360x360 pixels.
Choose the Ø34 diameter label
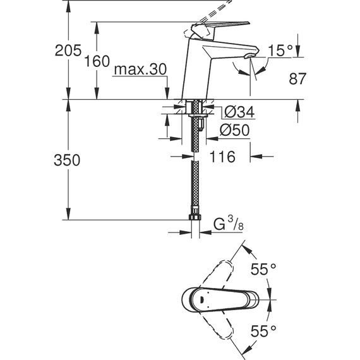click(x=239, y=112)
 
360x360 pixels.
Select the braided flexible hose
click(x=196, y=183)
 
